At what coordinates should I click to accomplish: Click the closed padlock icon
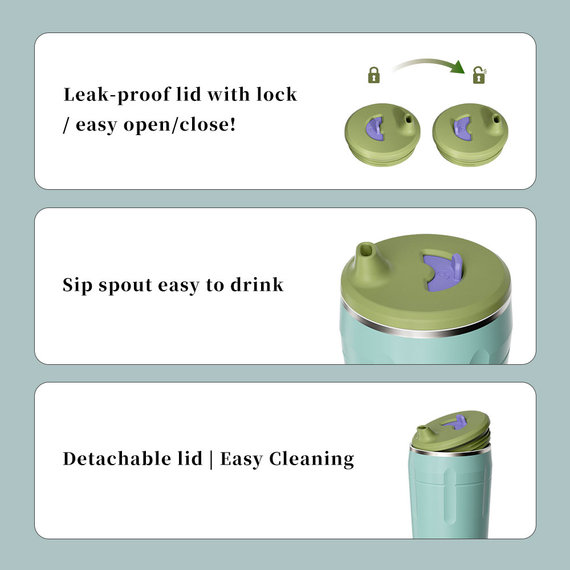(374, 75)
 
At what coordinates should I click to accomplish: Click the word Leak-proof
(117, 95)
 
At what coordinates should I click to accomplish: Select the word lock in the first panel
(276, 94)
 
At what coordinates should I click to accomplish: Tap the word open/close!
(180, 125)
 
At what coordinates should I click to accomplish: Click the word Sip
(77, 285)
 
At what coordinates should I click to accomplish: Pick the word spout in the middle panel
(125, 286)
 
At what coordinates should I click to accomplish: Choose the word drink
(257, 284)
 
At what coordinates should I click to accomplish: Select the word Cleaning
(312, 459)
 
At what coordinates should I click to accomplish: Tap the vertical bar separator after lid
(211, 459)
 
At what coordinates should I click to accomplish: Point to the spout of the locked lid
(408, 122)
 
